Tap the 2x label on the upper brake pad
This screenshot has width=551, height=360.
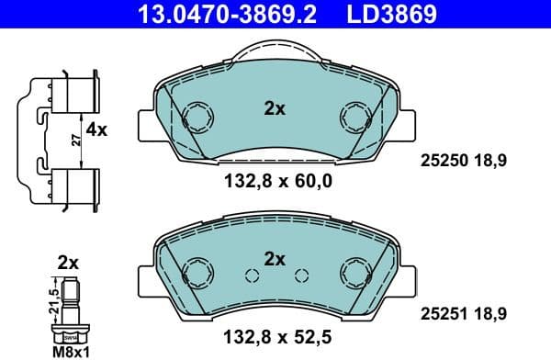click(x=275, y=108)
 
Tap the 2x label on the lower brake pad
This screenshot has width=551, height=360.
click(x=275, y=259)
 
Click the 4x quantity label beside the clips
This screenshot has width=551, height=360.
click(x=96, y=130)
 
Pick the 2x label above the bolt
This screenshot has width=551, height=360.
click(x=68, y=263)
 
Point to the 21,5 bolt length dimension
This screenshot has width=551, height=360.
click(x=53, y=300)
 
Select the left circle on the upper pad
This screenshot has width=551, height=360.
click(x=197, y=116)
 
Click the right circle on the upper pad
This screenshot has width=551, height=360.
click(x=354, y=116)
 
